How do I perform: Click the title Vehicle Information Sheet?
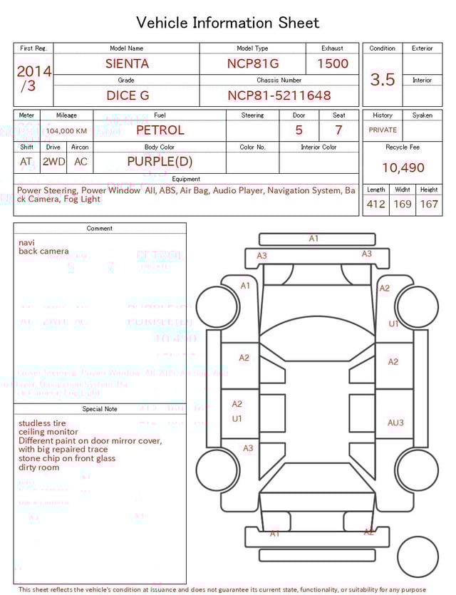pyautogui.click(x=228, y=23)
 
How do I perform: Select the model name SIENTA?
pyautogui.click(x=127, y=63)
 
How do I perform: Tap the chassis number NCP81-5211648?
pyautogui.click(x=279, y=95)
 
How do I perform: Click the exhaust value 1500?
pyautogui.click(x=332, y=63)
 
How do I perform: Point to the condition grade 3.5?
pyautogui.click(x=383, y=79)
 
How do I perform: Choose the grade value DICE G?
pyautogui.click(x=127, y=95)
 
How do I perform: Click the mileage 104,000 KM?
pyautogui.click(x=67, y=131)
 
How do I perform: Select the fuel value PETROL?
pyautogui.click(x=160, y=130)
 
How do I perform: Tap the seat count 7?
pyautogui.click(x=338, y=130)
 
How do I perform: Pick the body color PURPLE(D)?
pyautogui.click(x=160, y=162)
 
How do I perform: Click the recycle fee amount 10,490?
pyautogui.click(x=403, y=168)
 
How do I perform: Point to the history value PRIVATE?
pyautogui.click(x=383, y=130)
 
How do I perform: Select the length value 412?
pyautogui.click(x=375, y=205)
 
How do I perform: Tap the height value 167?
pyautogui.click(x=429, y=205)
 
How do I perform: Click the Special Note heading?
pyautogui.click(x=100, y=409)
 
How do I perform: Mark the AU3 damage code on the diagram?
pyautogui.click(x=395, y=423)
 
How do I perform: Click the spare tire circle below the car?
pyautogui.click(x=418, y=557)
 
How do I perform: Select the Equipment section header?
pyautogui.click(x=186, y=179)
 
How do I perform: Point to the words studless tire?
pyautogui.click(x=42, y=423)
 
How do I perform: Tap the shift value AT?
pyautogui.click(x=26, y=162)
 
